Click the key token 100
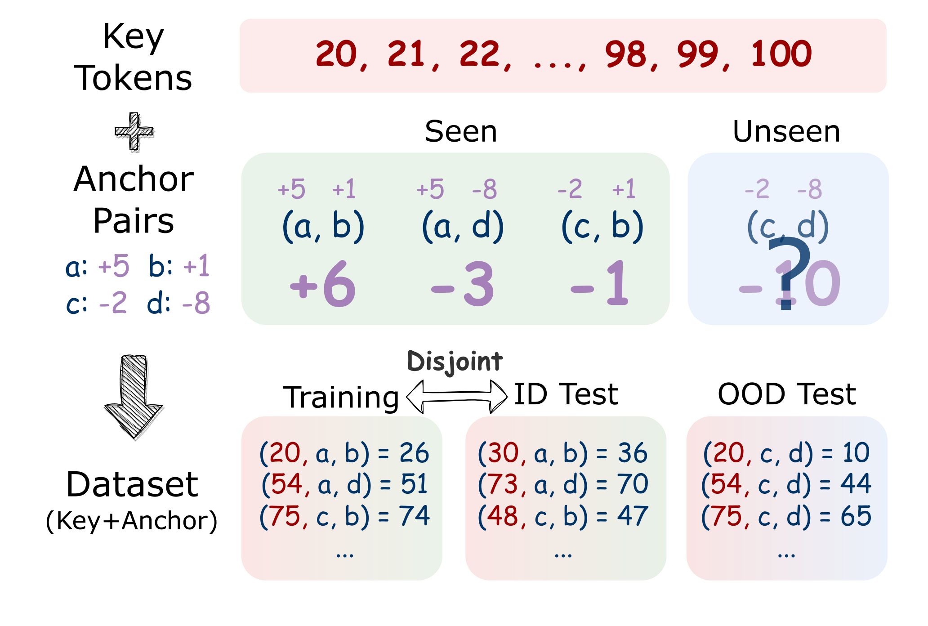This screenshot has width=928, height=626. pyautogui.click(x=781, y=54)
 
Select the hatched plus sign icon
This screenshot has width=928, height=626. pyautogui.click(x=134, y=131)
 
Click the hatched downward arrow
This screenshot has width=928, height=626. pyautogui.click(x=134, y=397)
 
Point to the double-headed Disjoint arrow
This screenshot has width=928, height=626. pyautogui.click(x=456, y=397)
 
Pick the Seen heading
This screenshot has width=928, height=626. pyautogui.click(x=461, y=132)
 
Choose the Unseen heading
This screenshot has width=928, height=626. pyautogui.click(x=786, y=132)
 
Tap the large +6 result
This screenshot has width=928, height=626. pyautogui.click(x=323, y=284)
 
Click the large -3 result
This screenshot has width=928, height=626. pyautogui.click(x=462, y=284)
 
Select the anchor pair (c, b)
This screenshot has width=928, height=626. pyautogui.click(x=602, y=226)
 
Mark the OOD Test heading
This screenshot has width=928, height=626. pyautogui.click(x=787, y=394)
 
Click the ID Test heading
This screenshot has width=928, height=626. pyautogui.click(x=566, y=394)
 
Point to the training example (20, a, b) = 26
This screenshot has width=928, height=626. pyautogui.click(x=344, y=453)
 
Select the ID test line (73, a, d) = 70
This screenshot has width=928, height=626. pyautogui.click(x=563, y=484)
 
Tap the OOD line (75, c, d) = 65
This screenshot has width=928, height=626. pyautogui.click(x=786, y=516)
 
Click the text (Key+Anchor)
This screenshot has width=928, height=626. pyautogui.click(x=132, y=521)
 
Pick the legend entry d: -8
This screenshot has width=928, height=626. pyautogui.click(x=178, y=303)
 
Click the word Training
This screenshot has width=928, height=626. pyautogui.click(x=341, y=398)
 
